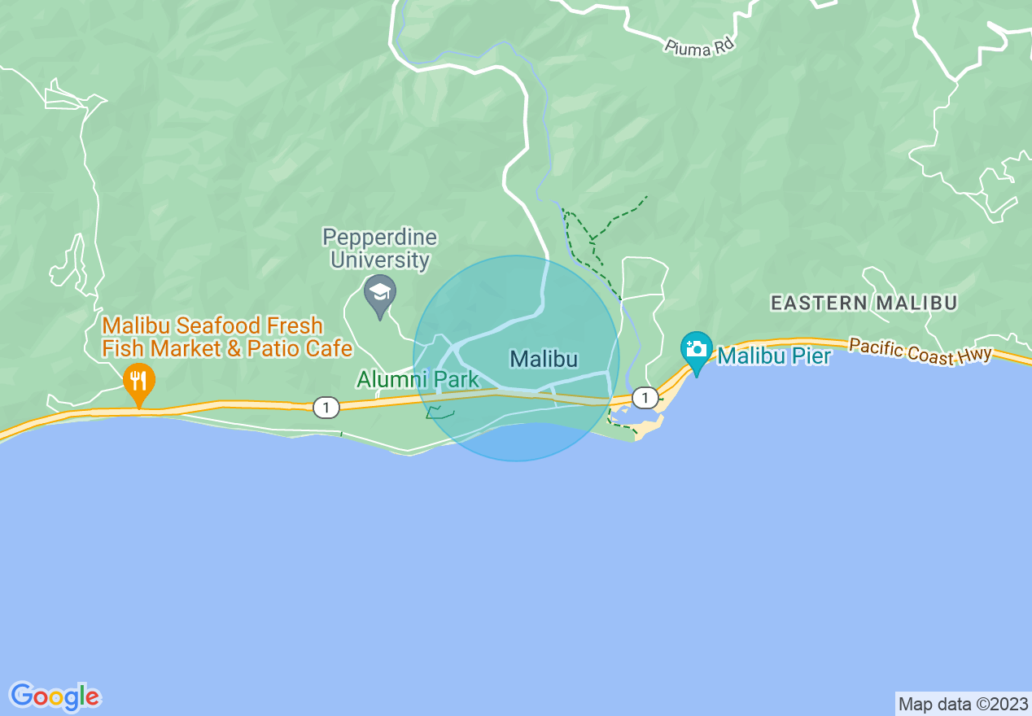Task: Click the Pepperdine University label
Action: pyautogui.click(x=379, y=249)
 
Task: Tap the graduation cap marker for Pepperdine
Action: pyautogui.click(x=379, y=295)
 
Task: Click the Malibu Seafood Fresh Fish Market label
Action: pyautogui.click(x=226, y=337)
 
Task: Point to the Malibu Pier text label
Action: pyautogui.click(x=774, y=356)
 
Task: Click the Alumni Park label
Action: pyautogui.click(x=418, y=379)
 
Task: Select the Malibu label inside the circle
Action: pyautogui.click(x=544, y=359)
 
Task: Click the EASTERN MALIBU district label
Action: pyautogui.click(x=864, y=303)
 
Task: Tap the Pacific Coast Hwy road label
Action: pyautogui.click(x=920, y=351)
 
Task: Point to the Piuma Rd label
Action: pyautogui.click(x=698, y=48)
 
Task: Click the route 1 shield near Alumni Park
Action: pyautogui.click(x=326, y=408)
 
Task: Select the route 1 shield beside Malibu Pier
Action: pyautogui.click(x=645, y=397)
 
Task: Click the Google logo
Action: pyautogui.click(x=55, y=696)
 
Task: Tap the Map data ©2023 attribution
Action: pyautogui.click(x=963, y=704)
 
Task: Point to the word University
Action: pyautogui.click(x=379, y=260)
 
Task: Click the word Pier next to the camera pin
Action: pyautogui.click(x=807, y=356)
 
